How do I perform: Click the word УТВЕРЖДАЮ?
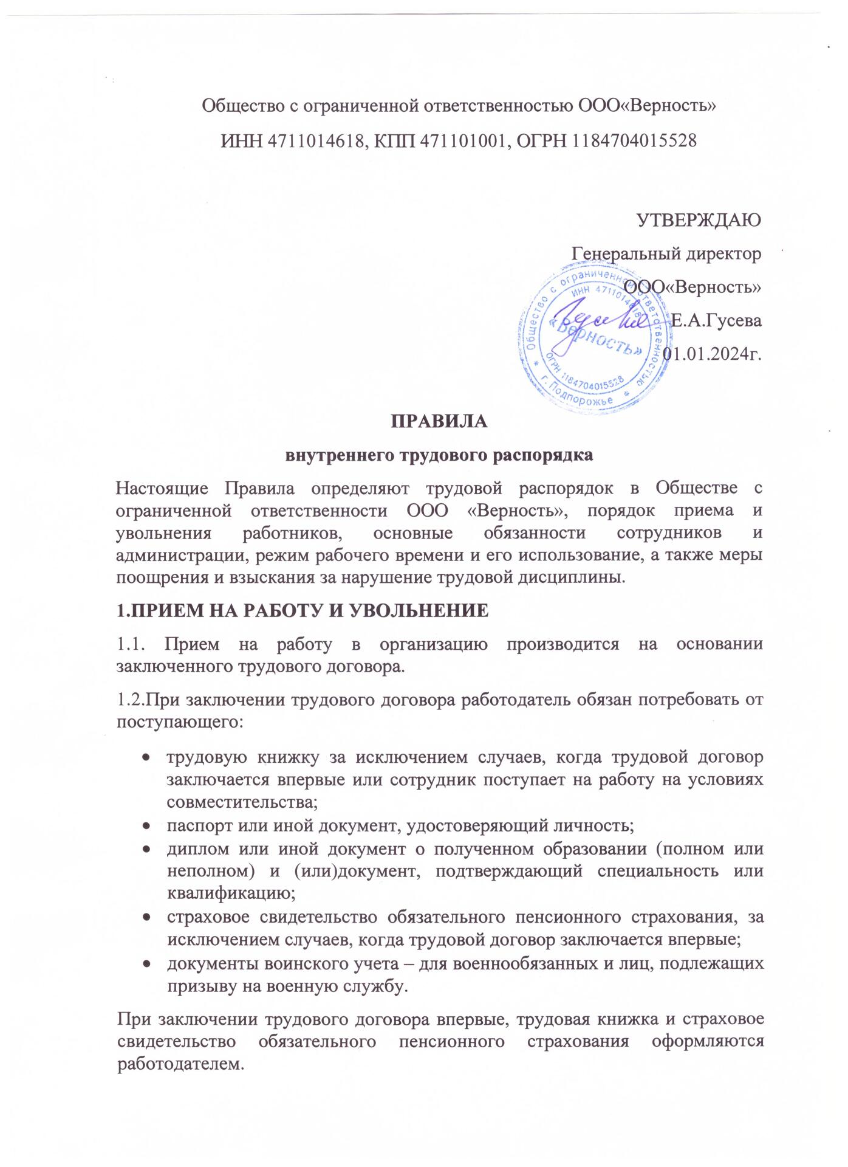699,219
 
